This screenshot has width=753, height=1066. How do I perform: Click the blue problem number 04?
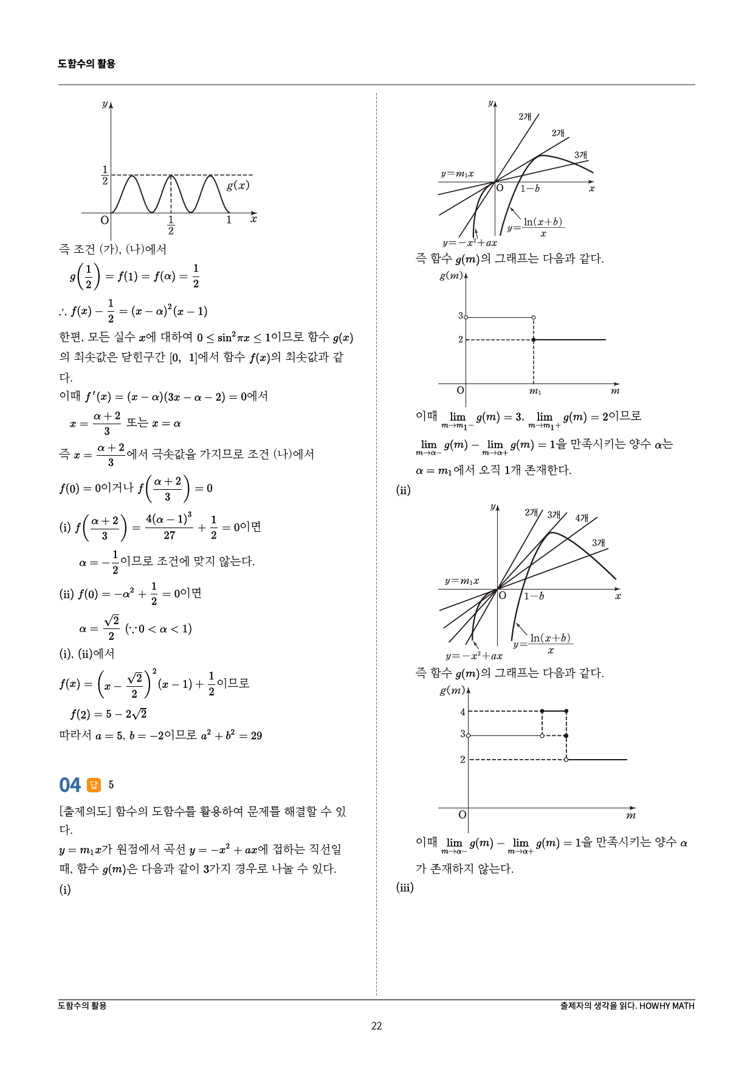[x=70, y=785]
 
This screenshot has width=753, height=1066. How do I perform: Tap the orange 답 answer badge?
[x=94, y=785]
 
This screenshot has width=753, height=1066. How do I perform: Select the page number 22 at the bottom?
[x=376, y=1026]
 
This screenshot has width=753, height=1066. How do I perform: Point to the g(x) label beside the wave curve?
[x=238, y=185]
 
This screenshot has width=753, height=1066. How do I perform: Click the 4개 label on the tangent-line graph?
[x=582, y=518]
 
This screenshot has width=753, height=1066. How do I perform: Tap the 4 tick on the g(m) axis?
[x=462, y=712]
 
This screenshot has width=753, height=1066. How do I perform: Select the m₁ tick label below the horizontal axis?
[x=535, y=391]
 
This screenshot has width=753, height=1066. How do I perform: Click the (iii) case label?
[x=405, y=887]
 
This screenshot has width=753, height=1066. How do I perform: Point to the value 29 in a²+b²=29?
[x=256, y=736]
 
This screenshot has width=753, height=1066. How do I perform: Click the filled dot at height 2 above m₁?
[x=534, y=340]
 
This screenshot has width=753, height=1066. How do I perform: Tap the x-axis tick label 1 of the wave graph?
[x=229, y=220]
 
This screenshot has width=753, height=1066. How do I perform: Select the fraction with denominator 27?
[x=169, y=527]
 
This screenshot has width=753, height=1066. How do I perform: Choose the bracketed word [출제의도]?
[x=85, y=811]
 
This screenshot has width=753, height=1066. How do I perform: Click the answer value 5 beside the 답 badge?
[x=111, y=785]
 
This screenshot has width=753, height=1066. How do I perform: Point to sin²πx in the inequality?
[x=233, y=338]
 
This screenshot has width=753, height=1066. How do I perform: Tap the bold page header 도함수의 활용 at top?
[x=86, y=64]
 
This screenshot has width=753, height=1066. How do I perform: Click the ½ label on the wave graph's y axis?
[x=105, y=175]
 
